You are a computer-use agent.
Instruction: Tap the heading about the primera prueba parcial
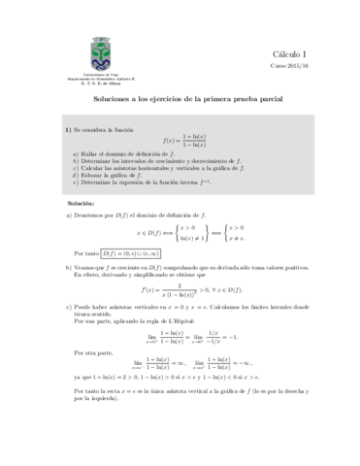tap(180, 100)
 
